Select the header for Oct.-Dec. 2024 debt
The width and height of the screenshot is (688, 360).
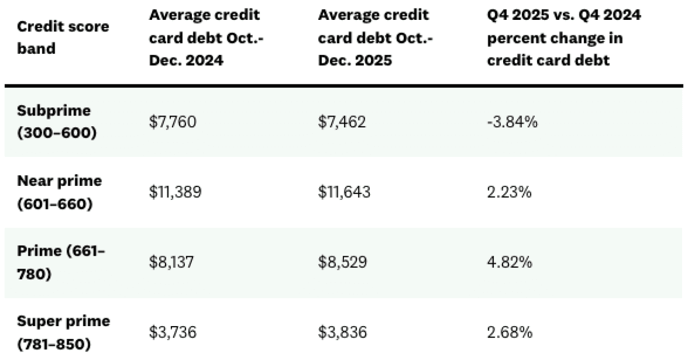pyautogui.click(x=207, y=38)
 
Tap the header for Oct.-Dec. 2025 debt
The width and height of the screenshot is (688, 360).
pyautogui.click(x=376, y=38)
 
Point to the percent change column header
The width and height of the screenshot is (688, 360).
pyautogui.click(x=563, y=38)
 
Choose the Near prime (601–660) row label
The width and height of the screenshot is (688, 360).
pyautogui.click(x=59, y=192)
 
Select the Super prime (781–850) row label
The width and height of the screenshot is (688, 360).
pyautogui.click(x=63, y=333)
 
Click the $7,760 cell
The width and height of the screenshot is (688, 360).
pyautogui.click(x=173, y=122)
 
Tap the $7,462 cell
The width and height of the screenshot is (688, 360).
pyautogui.click(x=342, y=122)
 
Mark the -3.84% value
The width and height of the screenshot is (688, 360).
pyautogui.click(x=512, y=122)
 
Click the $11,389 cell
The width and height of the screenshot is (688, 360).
pyautogui.click(x=175, y=192)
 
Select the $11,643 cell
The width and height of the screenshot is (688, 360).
pyautogui.click(x=344, y=192)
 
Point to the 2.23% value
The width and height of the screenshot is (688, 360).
pyautogui.click(x=509, y=192)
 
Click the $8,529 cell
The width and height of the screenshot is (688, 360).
pyautogui.click(x=342, y=263)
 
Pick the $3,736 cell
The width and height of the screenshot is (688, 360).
pyautogui.click(x=173, y=333)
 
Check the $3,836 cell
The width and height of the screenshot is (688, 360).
pyautogui.click(x=342, y=333)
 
